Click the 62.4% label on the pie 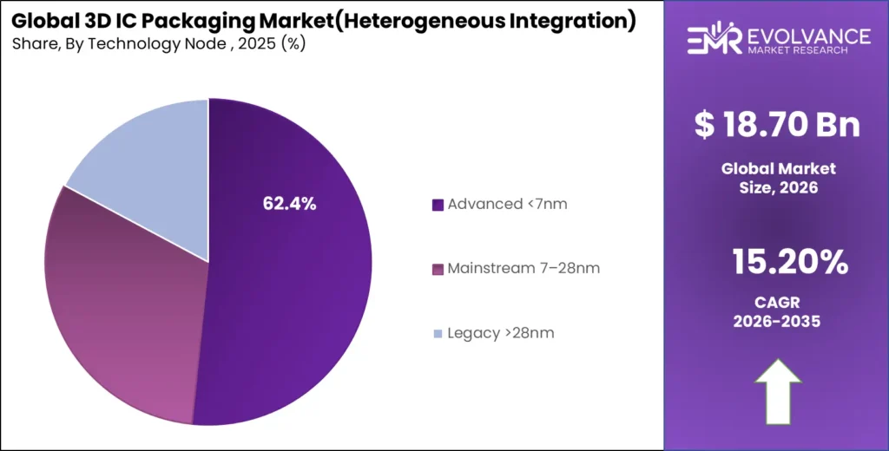(x=289, y=204)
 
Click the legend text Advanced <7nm (x=507, y=205)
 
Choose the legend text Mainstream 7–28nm (x=524, y=269)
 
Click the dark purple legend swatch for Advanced (x=438, y=206)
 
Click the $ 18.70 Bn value (x=777, y=125)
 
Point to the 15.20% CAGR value (x=777, y=260)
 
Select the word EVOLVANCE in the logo (x=807, y=36)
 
